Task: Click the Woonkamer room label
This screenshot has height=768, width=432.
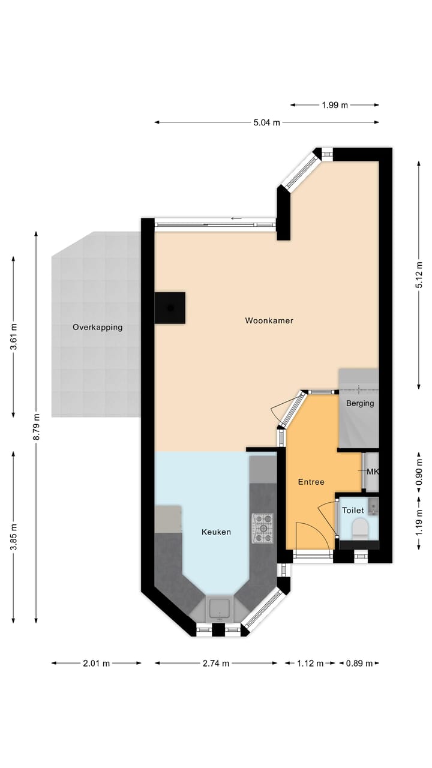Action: [x=269, y=321]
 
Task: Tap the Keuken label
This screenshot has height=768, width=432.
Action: [x=216, y=532]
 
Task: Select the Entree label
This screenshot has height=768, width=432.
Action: [x=311, y=482]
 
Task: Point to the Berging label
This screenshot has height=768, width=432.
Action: [x=360, y=403]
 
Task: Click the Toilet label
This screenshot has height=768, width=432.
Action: [x=353, y=511]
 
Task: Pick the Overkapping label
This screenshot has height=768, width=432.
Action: [x=98, y=328]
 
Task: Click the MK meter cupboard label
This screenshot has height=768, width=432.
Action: [x=373, y=472]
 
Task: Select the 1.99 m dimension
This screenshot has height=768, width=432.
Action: [x=335, y=105]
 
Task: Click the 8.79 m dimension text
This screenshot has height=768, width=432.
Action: [x=36, y=427]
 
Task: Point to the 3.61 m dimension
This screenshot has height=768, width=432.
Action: [x=14, y=337]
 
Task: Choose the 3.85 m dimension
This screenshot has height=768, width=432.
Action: [x=14, y=537]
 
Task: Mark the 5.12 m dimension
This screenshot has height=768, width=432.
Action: [x=419, y=275]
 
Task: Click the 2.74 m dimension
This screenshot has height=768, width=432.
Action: [x=216, y=664]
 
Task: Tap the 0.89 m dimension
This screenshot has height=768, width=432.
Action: [x=359, y=664]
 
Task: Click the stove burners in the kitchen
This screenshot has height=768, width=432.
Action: [x=262, y=528]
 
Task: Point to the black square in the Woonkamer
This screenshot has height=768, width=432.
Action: [x=170, y=308]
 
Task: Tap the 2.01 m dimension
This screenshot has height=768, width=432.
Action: [x=97, y=664]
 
